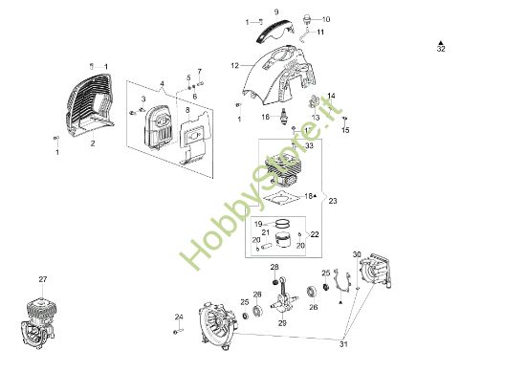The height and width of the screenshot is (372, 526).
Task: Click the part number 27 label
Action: (x=42, y=278)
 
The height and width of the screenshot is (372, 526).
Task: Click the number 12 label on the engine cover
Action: (x=233, y=65)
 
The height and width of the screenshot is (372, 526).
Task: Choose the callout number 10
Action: (x=325, y=19)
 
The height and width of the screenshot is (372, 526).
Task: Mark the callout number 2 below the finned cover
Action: (x=93, y=143)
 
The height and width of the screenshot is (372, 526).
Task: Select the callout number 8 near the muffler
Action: (x=188, y=110)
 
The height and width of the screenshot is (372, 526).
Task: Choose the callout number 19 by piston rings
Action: (x=257, y=224)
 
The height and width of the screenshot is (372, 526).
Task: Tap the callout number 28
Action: (x=274, y=267)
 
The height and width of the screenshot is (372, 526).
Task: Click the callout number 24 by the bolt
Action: (x=178, y=317)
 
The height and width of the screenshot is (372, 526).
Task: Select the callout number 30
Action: (x=357, y=254)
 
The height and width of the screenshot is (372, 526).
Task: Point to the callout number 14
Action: (x=332, y=97)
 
